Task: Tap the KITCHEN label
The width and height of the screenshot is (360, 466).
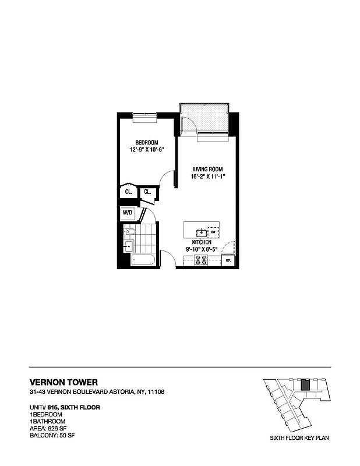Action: [x=202, y=241]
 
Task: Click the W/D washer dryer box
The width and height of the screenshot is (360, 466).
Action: [x=128, y=214]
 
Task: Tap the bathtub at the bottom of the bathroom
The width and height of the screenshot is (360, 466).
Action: [x=143, y=260]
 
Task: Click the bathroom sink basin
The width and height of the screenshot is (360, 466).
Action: [x=127, y=246]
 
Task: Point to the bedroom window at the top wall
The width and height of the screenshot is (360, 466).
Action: [x=144, y=116]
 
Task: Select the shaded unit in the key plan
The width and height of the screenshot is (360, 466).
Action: [x=304, y=386]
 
